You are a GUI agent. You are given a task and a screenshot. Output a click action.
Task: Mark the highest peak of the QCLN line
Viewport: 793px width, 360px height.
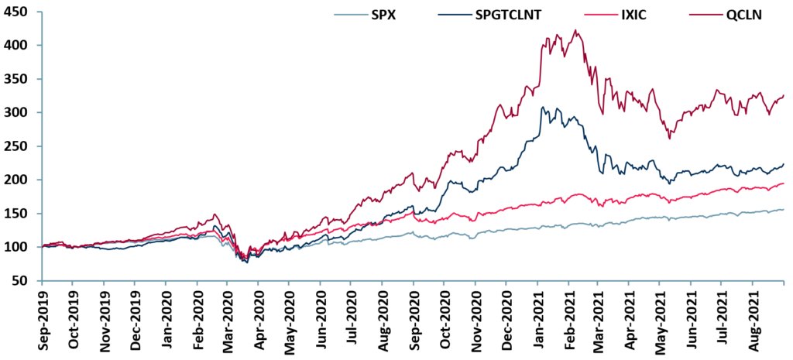pyautogui.click(x=574, y=30)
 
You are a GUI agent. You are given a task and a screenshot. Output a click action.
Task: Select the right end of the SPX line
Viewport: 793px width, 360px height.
pyautogui.click(x=784, y=209)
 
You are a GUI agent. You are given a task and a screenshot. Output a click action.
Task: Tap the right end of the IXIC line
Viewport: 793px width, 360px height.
pyautogui.click(x=784, y=183)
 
